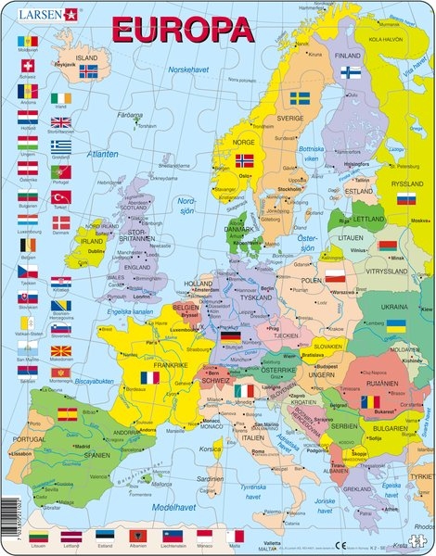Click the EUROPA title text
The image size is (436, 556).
coord(182,30)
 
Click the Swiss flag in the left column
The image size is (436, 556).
coord(28,67)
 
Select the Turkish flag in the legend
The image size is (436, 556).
coord(60,197)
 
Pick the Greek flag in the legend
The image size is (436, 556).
coord(60,146)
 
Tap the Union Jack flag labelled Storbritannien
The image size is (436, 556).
coord(60,122)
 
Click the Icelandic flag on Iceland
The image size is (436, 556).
coord(88,70)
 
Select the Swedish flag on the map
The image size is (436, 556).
coord(299,97)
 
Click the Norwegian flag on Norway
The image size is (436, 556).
coord(244,160)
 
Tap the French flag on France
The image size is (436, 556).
coord(149,378)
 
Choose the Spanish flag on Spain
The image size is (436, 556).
coord(68,414)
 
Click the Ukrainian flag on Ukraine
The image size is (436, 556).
coord(395,326)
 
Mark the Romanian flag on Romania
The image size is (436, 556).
coord(370,403)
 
